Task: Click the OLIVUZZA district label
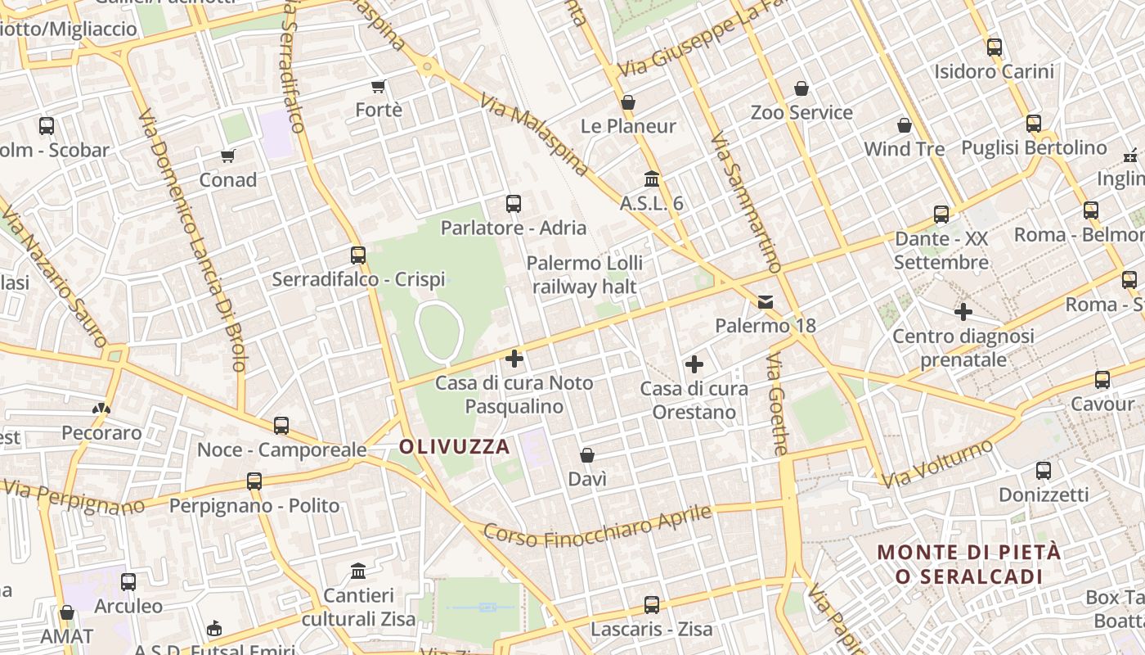pyautogui.click(x=455, y=447)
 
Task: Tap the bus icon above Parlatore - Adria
pyautogui.click(x=514, y=204)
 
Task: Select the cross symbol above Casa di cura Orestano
pyautogui.click(x=694, y=364)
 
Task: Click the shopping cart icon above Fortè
pyautogui.click(x=378, y=86)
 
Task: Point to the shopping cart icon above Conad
pyautogui.click(x=227, y=156)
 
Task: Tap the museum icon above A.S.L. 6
pyautogui.click(x=652, y=178)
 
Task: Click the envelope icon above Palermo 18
pyautogui.click(x=766, y=302)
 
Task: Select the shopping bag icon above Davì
pyautogui.click(x=586, y=455)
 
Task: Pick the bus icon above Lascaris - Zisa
pyautogui.click(x=651, y=605)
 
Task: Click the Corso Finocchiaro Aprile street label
pyautogui.click(x=598, y=525)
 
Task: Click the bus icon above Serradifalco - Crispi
pyautogui.click(x=357, y=255)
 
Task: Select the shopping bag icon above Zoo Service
pyautogui.click(x=801, y=88)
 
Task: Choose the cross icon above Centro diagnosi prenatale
pyautogui.click(x=963, y=312)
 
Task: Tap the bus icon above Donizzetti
pyautogui.click(x=1043, y=471)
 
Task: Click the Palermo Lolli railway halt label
pyautogui.click(x=584, y=275)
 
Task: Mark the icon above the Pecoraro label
pyautogui.click(x=101, y=408)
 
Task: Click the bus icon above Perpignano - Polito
pyautogui.click(x=254, y=481)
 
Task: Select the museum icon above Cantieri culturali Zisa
pyautogui.click(x=358, y=571)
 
